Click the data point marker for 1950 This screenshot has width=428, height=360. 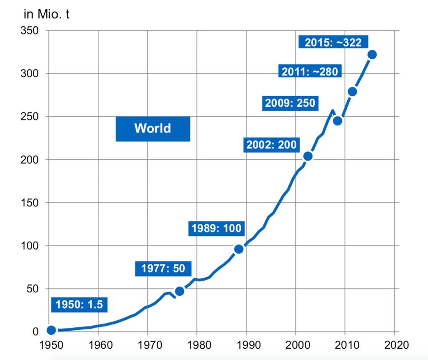pos(51,330)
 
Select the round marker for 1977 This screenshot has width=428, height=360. pos(180,291)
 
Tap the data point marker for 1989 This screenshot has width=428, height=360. pos(239,249)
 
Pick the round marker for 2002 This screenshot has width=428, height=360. pos(308,156)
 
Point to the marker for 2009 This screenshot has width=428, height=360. pos(338,121)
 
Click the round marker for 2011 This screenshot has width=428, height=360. pos(352,92)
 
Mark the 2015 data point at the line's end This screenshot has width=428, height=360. pos(372,54)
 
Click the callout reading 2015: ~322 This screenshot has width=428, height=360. pos(333,42)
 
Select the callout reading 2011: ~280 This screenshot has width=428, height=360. pos(310,71)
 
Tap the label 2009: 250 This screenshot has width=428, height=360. pos(289,102)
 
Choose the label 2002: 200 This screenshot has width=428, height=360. pos(271,145)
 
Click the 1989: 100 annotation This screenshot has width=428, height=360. pos(216,228)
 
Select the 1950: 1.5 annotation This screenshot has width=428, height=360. pos(79,304)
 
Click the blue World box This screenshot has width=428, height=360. pos(153,128)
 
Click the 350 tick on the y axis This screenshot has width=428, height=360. pos(29,31)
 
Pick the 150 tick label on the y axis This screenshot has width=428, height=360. pos(29,203)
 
